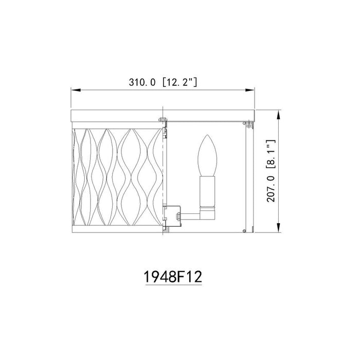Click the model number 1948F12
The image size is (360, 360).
pyautogui.click(x=171, y=276)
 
